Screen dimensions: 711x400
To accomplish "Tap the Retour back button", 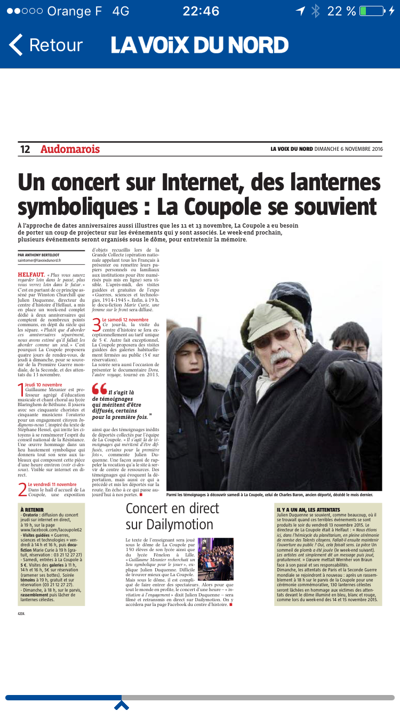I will point(46,45).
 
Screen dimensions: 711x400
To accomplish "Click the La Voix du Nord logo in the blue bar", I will point(199,45).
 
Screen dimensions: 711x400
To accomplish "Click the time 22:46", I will point(201,11).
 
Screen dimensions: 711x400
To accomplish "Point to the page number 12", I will point(25,150).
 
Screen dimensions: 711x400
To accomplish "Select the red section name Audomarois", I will point(70,150).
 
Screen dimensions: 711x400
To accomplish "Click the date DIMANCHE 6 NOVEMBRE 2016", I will point(349,149).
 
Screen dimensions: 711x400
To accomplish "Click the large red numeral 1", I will point(21,390).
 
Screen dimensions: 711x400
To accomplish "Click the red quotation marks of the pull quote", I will point(99,390).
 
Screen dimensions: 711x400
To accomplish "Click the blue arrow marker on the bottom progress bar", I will point(122,705).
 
